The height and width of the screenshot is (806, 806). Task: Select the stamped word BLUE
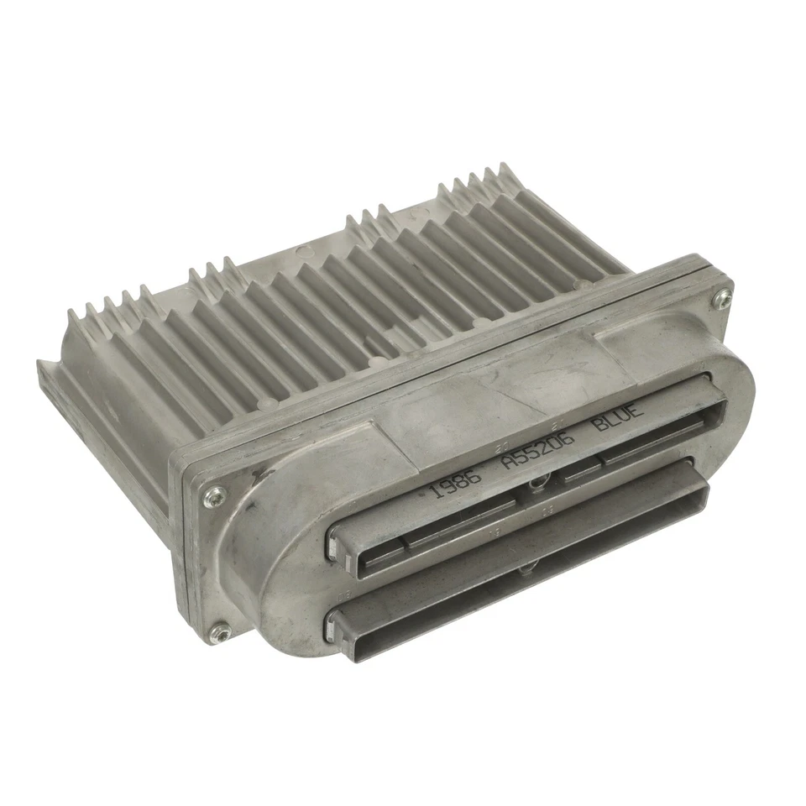[619, 416]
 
